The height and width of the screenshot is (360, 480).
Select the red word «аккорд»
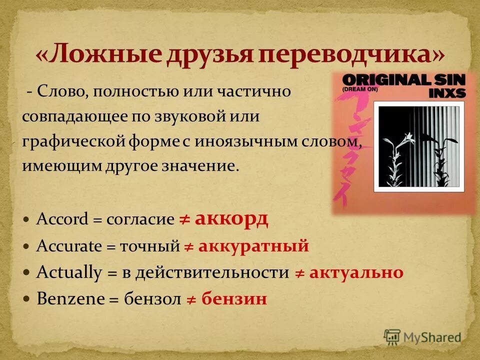(231, 219)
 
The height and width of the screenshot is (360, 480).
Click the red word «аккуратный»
(253, 246)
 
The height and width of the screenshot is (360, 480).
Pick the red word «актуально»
(356, 272)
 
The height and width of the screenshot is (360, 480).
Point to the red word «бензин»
(234, 299)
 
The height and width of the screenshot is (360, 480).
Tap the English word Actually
(69, 273)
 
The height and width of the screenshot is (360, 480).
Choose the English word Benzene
(71, 299)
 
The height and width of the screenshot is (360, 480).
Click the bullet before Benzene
(27, 299)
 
